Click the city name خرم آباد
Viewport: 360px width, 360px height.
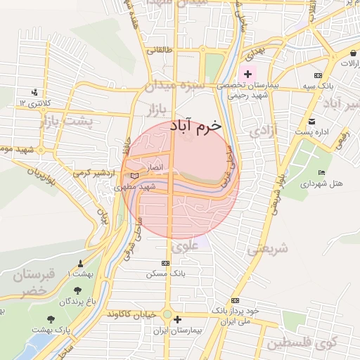coord(195,125)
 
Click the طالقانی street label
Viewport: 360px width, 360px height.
coord(159,50)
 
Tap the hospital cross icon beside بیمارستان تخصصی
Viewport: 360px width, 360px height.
coord(247,74)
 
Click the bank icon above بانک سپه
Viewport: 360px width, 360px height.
coord(319,75)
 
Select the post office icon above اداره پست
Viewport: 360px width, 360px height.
coord(312,121)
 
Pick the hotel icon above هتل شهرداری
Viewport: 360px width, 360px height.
coord(322,173)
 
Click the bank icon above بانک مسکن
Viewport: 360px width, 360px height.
coord(165,263)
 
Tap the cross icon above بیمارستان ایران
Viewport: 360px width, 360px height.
coord(177,319)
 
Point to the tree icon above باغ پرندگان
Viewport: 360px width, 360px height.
coord(77,290)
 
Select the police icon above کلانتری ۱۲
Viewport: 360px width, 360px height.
coord(35,92)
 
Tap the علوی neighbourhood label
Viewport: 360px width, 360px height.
coord(184,247)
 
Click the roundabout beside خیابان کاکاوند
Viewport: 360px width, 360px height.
coord(167,315)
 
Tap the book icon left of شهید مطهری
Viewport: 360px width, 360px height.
coord(134,176)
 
